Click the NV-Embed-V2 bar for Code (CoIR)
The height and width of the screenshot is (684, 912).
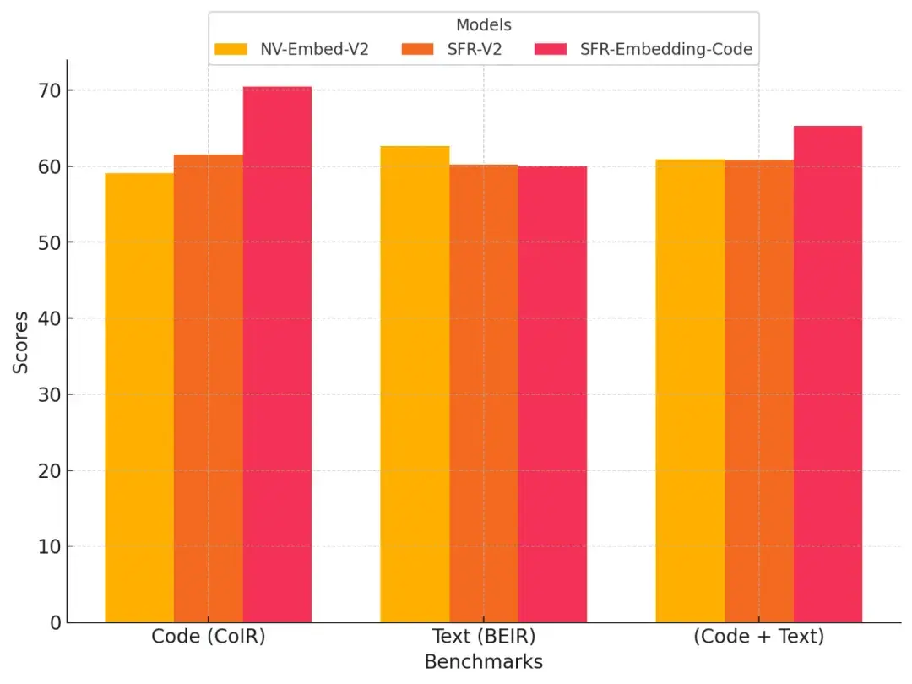click(139, 397)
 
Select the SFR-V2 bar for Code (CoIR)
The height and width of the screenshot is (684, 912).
click(209, 388)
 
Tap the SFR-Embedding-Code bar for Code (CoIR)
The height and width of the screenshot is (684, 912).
click(277, 355)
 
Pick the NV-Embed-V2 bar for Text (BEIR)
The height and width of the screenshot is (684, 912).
click(415, 384)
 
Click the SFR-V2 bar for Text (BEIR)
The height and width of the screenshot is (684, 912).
click(484, 394)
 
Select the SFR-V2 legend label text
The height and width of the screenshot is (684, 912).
click(475, 49)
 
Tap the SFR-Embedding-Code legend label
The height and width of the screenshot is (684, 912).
click(665, 49)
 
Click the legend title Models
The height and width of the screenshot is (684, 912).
click(483, 25)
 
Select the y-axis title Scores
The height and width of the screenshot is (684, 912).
click(20, 343)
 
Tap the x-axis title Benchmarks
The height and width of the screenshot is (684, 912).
click(483, 662)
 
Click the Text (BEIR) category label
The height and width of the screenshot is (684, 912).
click(483, 637)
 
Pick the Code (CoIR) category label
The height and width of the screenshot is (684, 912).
click(209, 637)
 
